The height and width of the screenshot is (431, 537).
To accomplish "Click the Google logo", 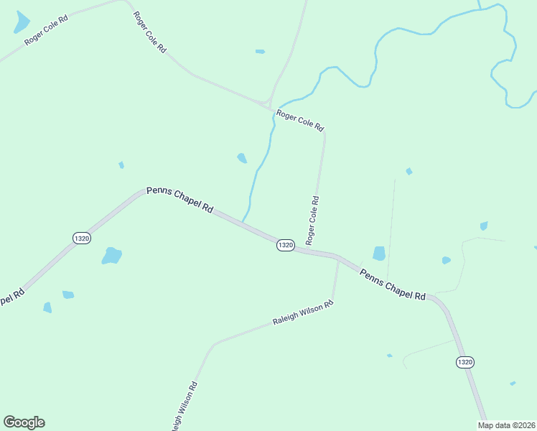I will [24, 422].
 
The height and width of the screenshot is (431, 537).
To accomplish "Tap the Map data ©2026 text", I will [507, 425].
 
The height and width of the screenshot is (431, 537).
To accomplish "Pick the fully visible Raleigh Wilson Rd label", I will [303, 313].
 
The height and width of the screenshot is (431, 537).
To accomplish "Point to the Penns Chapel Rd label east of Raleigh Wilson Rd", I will [393, 285].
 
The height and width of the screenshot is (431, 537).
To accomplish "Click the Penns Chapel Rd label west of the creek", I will [179, 199].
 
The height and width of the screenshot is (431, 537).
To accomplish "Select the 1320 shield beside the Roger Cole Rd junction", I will [285, 245].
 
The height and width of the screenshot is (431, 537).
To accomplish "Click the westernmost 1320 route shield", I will [82, 238].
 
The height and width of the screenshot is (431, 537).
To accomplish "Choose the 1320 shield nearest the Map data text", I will [464, 362].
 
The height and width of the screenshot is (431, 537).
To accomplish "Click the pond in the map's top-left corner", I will [22, 24].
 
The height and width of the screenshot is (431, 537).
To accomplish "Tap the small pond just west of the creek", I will [242, 158].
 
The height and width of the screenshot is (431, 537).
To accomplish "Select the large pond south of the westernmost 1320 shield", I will [111, 256].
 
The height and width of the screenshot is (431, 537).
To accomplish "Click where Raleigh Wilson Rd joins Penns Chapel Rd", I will [338, 258].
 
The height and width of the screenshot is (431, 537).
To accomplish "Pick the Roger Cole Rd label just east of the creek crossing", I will [300, 120].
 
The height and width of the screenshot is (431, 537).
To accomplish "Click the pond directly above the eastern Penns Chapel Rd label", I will [379, 253].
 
